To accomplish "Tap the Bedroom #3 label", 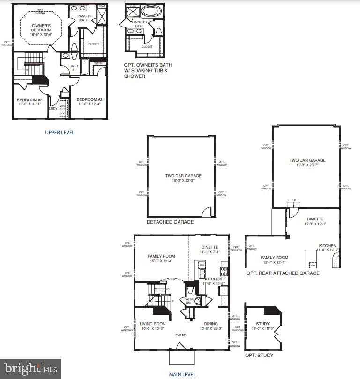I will coord(30,100).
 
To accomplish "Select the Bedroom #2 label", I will coord(89,99).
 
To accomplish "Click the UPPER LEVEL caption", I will coord(60,133).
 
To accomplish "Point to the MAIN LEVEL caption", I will coord(182,374).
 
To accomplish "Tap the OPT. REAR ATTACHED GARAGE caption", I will coord(283,273).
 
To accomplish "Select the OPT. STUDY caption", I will coord(259,355).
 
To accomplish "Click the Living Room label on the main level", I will coord(153,324).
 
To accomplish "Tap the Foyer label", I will coord(181,335).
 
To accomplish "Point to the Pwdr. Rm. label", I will coord(188,300).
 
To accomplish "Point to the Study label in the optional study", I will coord(262,324).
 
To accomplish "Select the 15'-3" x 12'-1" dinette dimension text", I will coord(315,224).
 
